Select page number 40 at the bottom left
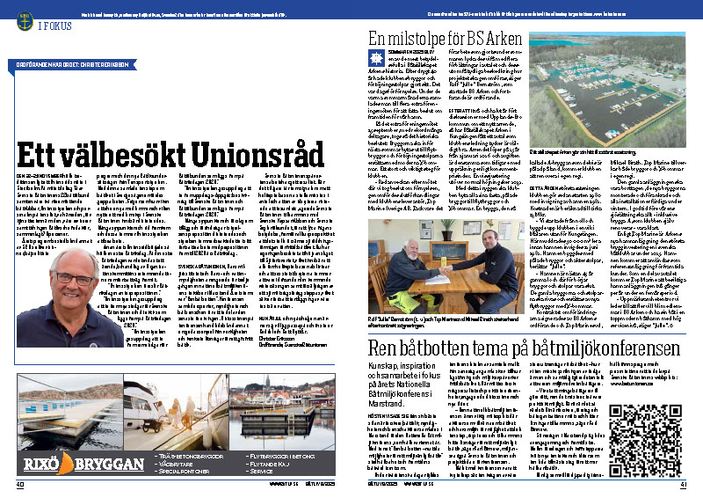pyautogui.click(x=20, y=483)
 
